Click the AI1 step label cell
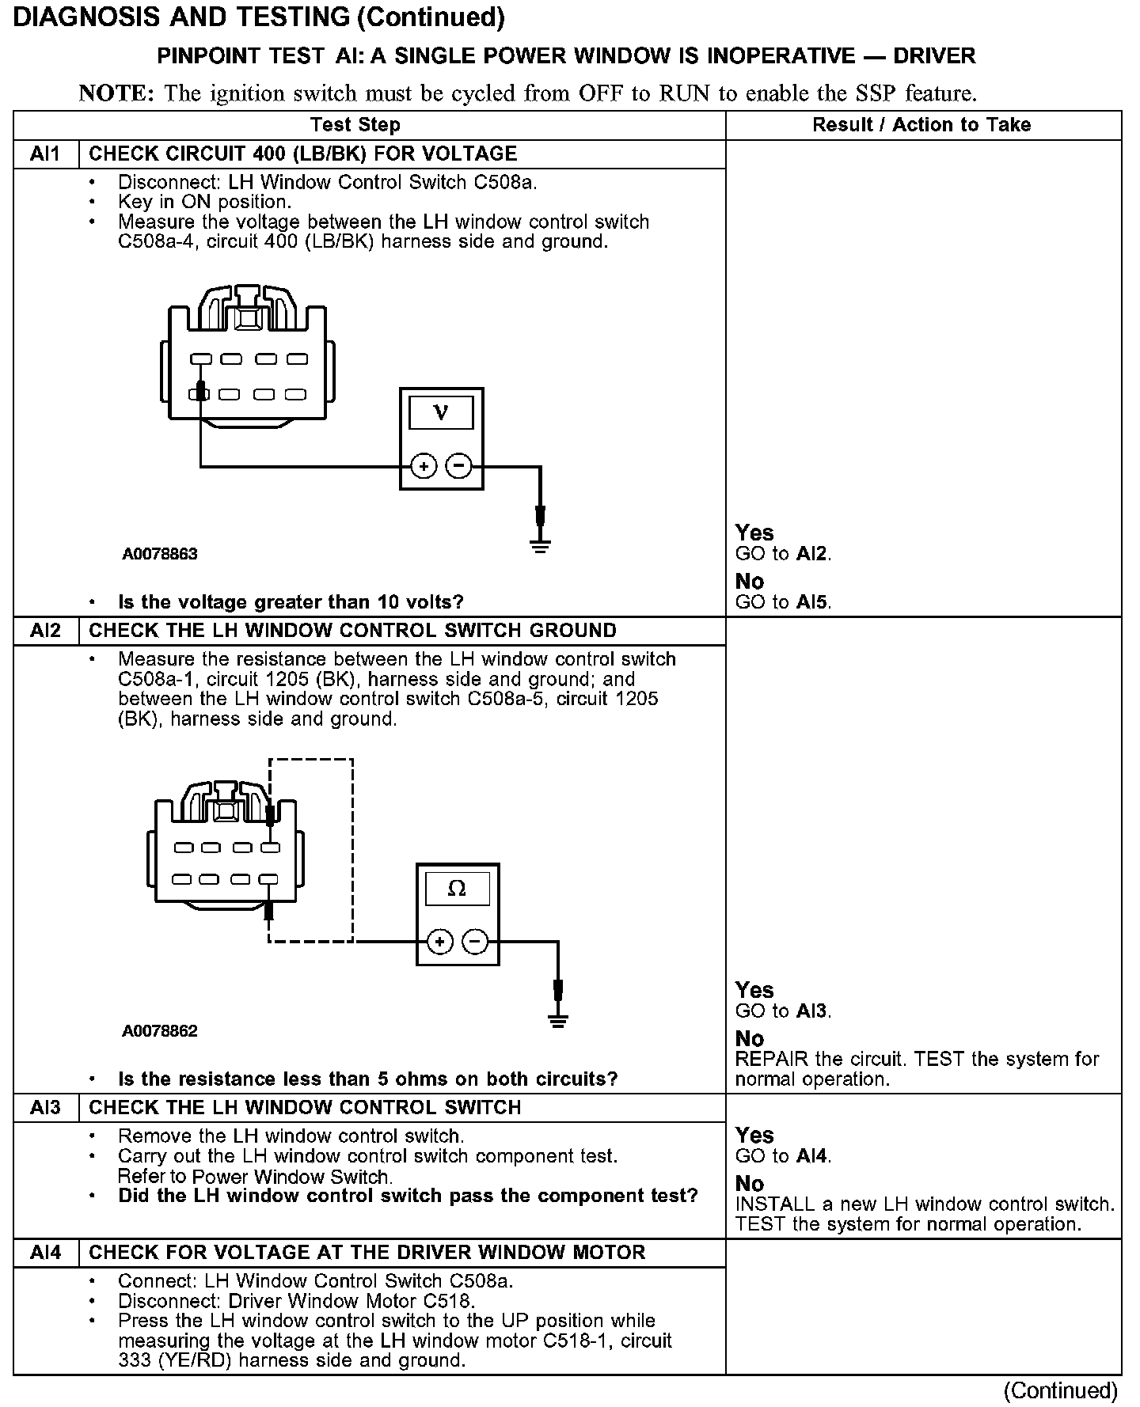(x=45, y=154)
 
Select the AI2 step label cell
(x=45, y=631)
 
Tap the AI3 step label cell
(x=45, y=1107)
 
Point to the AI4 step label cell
(x=45, y=1252)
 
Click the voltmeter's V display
(x=441, y=412)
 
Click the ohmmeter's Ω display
(x=458, y=889)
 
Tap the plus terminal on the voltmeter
(x=424, y=466)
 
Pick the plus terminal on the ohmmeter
(x=440, y=942)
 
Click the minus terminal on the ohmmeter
(x=475, y=942)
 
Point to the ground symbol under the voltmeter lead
(x=541, y=545)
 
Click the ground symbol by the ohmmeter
(x=558, y=1020)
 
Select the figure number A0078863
(x=159, y=554)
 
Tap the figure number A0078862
(x=159, y=1031)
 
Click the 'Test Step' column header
(x=355, y=125)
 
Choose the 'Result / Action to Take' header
(x=921, y=125)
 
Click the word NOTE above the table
(x=116, y=93)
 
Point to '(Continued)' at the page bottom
(x=1060, y=1390)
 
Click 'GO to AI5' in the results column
(x=783, y=602)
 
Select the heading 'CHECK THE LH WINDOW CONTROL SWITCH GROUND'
(x=352, y=631)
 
